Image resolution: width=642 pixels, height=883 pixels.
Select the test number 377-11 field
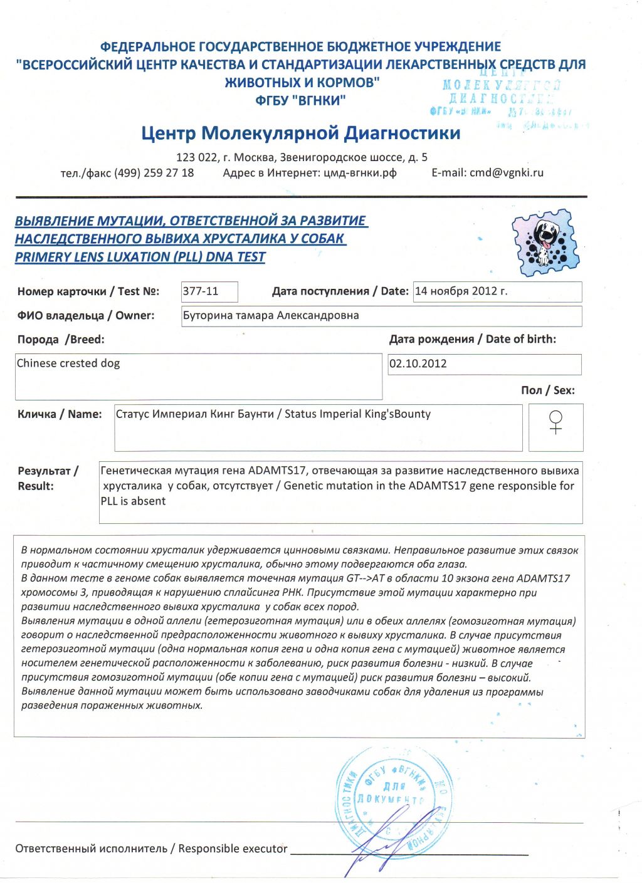click(209, 291)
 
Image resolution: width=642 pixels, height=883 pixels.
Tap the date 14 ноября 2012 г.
click(461, 291)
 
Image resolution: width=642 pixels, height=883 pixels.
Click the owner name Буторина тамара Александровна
click(271, 315)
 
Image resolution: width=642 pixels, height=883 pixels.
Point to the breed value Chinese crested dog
click(68, 363)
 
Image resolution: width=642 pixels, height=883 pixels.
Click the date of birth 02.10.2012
click(418, 364)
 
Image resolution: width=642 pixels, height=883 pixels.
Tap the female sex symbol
click(555, 422)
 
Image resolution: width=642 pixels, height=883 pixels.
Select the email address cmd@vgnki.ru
click(506, 173)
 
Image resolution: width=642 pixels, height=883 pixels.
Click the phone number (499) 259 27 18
click(154, 173)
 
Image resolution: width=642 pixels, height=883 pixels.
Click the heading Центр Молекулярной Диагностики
click(300, 133)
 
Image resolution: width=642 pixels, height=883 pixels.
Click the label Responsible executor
click(233, 849)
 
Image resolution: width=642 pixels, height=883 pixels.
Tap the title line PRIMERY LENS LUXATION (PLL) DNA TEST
click(140, 257)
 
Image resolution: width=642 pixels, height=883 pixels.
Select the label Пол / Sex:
click(547, 390)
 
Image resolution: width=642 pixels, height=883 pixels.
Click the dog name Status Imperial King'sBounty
click(357, 414)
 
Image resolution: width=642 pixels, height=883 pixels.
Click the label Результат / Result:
click(48, 478)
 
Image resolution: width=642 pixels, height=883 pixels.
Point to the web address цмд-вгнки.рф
click(360, 173)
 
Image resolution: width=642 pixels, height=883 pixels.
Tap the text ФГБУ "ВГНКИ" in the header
click(300, 100)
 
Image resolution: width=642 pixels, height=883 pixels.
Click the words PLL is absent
click(133, 501)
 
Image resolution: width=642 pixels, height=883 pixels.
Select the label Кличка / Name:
click(60, 414)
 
